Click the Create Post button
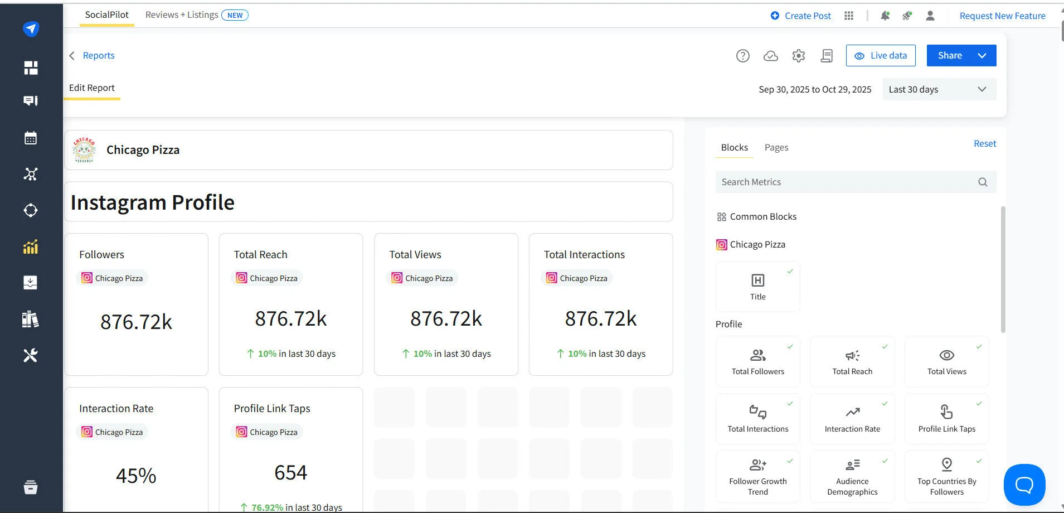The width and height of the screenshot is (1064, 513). (800, 16)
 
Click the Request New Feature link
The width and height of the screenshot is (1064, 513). (1002, 16)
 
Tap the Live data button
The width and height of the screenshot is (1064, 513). (881, 56)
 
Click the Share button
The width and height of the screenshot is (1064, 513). (950, 56)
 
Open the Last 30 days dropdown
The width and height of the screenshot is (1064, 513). (939, 89)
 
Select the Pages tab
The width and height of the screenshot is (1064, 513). (776, 147)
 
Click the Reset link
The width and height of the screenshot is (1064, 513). (984, 143)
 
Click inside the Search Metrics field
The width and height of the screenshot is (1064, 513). (847, 182)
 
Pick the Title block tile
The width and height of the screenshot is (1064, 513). (757, 287)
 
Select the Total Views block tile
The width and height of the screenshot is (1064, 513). (946, 361)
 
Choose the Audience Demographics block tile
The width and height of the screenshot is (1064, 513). (852, 477)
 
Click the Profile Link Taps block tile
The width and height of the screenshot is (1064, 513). (946, 419)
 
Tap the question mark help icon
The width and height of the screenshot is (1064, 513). (742, 56)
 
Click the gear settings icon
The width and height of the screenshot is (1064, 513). (798, 56)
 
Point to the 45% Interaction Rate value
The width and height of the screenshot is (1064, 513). (136, 476)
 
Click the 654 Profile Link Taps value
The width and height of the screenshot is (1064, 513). (290, 473)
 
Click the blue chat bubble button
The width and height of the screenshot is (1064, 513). (1024, 485)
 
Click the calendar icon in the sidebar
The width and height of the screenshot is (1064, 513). (31, 138)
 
